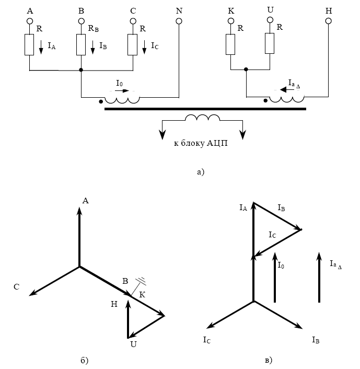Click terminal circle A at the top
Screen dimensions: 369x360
(30, 21)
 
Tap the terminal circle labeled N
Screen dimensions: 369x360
(179, 21)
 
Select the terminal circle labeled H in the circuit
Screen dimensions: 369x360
(328, 21)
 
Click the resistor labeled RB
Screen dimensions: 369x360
(81, 44)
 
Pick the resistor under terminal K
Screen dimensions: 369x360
(230, 44)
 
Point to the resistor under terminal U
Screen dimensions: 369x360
(270, 43)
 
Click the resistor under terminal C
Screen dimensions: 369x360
(132, 44)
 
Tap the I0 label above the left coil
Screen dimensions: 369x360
(120, 83)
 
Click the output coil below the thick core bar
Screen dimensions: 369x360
(203, 119)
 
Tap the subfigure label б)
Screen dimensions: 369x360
(85, 360)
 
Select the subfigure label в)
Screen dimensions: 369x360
(268, 360)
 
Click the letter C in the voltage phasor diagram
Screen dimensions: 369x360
(17, 286)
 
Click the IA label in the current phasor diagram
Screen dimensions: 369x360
(243, 208)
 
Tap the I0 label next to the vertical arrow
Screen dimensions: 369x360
(281, 266)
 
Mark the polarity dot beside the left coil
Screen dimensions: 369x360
(101, 101)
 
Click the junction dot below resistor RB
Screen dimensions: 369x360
(81, 70)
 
